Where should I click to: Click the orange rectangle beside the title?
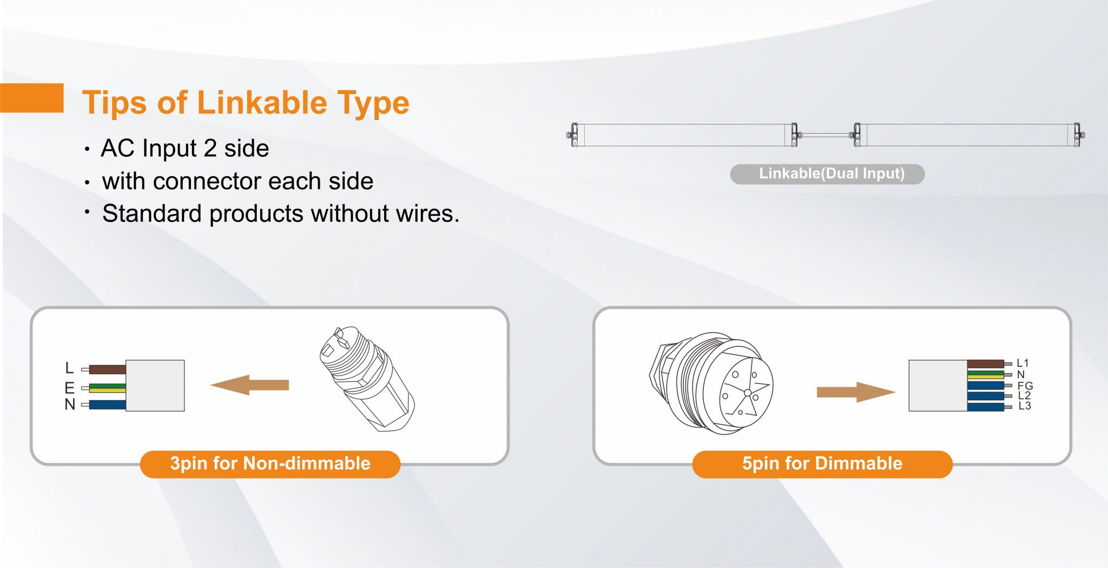tap(31, 98)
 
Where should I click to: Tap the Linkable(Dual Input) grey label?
tap(827, 174)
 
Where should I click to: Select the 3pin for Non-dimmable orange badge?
tap(270, 464)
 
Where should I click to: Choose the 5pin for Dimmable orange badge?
tap(822, 464)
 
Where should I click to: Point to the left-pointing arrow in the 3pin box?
tap(249, 385)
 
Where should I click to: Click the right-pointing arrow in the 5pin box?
tap(856, 392)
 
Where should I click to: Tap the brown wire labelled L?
tap(107, 369)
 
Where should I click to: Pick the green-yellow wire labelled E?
tap(107, 388)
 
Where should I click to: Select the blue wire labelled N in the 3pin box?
tap(107, 405)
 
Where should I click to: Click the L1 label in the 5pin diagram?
tap(1023, 363)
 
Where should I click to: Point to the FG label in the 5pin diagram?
tap(1025, 386)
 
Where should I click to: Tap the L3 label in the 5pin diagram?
tap(1025, 406)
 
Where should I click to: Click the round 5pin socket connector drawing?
tap(711, 383)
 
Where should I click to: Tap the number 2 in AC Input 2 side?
tap(210, 148)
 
